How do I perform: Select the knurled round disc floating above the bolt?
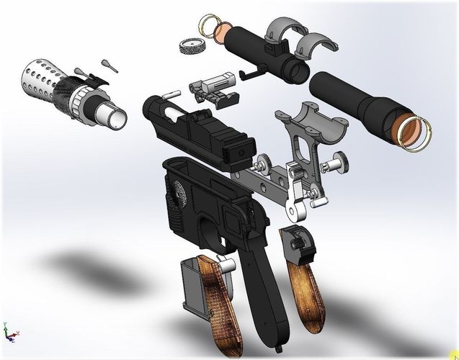click(188, 45)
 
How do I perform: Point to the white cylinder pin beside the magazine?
click(226, 265)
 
